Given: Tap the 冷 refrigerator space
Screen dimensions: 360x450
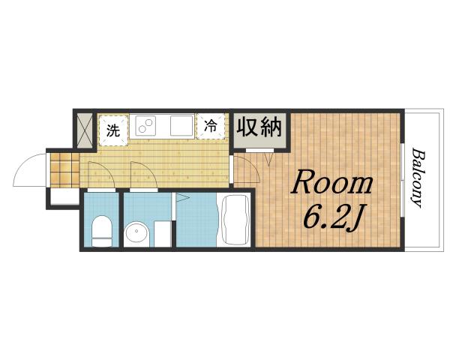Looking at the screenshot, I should [x=211, y=127].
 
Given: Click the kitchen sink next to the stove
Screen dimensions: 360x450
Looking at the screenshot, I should [x=180, y=125].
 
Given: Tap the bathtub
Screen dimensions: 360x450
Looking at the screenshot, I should [x=234, y=220].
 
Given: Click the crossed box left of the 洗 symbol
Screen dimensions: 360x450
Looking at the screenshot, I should [x=85, y=130].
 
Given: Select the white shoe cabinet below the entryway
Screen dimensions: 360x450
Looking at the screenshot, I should [x=63, y=199].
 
